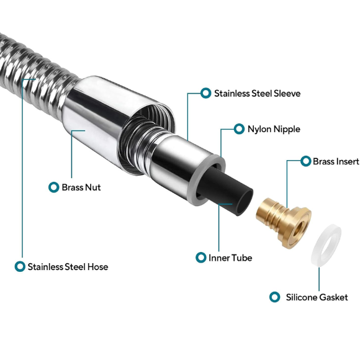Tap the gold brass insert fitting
pos(284,222)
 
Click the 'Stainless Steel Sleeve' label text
pos(258,94)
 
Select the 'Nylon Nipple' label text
pos(274,129)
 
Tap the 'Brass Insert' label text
pos(336,161)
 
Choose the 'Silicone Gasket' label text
pos(317,297)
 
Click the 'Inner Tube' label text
pos(230,258)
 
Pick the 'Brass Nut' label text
pos(81,187)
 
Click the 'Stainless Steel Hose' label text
pos(68,267)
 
